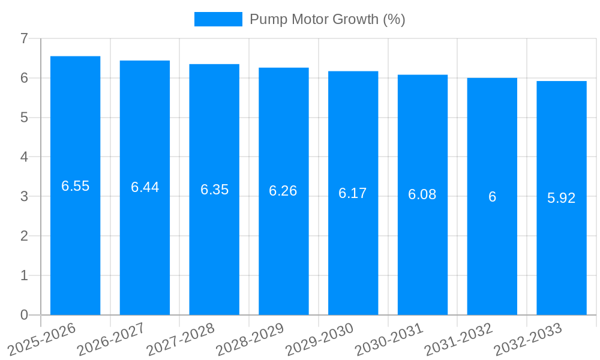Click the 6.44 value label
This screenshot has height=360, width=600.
[145, 187]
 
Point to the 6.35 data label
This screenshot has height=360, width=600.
[214, 190]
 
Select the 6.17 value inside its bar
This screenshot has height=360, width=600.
[353, 193]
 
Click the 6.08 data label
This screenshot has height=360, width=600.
[422, 194]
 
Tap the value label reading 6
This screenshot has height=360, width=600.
[492, 197]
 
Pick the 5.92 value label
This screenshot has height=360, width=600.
[562, 198]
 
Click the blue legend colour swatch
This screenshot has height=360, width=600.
[218, 19]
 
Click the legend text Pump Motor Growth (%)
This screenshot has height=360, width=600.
[327, 19]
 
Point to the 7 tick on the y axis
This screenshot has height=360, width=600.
[24, 38]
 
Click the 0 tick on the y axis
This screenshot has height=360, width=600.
[24, 315]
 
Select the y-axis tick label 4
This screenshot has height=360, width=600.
[24, 157]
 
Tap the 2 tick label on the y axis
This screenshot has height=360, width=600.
[24, 236]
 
